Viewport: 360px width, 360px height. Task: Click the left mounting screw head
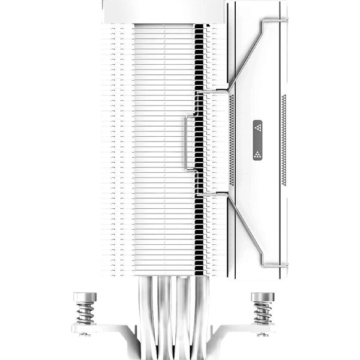(85, 297)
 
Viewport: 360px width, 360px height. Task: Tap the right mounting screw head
(262, 297)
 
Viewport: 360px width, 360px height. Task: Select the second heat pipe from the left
(164, 312)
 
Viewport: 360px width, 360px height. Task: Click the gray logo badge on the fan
(257, 139)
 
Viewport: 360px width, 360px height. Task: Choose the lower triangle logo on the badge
(257, 151)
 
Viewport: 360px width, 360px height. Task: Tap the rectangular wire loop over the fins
(190, 143)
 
